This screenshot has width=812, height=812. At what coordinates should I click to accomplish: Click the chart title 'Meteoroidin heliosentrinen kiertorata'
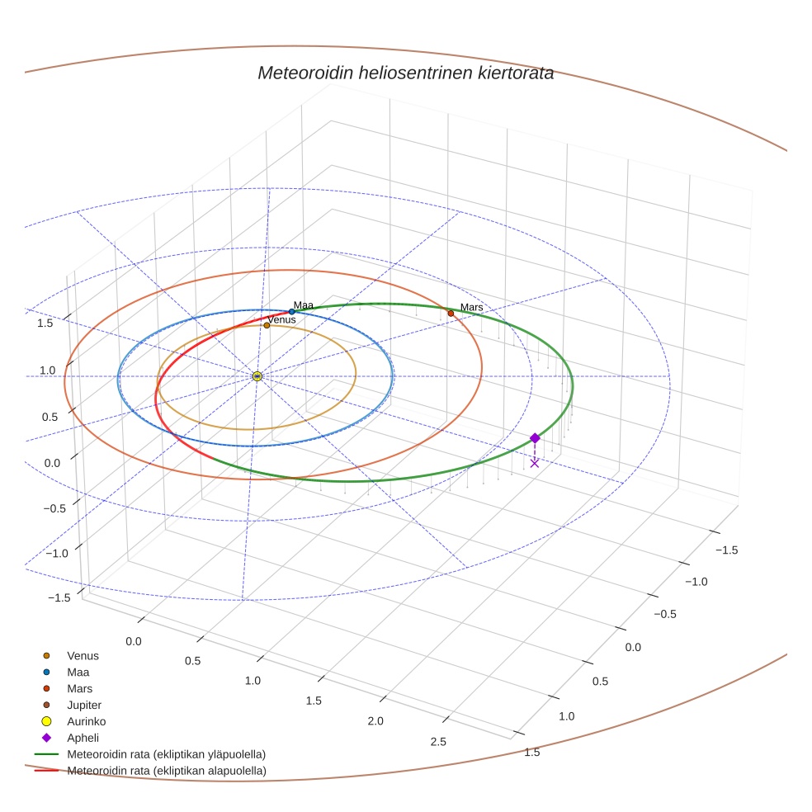pyautogui.click(x=405, y=73)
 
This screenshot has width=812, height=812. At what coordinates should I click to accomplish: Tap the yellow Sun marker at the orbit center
pyautogui.click(x=257, y=376)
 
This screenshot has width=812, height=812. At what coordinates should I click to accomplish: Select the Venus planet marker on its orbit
pyautogui.click(x=267, y=325)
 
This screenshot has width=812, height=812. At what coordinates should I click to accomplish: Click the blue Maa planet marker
pyautogui.click(x=291, y=312)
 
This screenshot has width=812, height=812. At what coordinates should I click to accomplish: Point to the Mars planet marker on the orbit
pyautogui.click(x=451, y=313)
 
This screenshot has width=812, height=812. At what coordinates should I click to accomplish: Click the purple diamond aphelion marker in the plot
pyautogui.click(x=535, y=437)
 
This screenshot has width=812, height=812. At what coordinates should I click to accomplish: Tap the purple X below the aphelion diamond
pyautogui.click(x=535, y=463)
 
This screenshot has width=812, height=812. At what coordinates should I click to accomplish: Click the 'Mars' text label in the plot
pyautogui.click(x=471, y=307)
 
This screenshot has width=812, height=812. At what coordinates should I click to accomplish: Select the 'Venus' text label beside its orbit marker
pyautogui.click(x=281, y=319)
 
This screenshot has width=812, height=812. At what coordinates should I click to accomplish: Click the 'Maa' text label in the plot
pyautogui.click(x=304, y=305)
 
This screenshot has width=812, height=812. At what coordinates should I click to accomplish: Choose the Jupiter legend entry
pyautogui.click(x=84, y=705)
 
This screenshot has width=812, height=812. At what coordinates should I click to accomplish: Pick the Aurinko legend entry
pyautogui.click(x=86, y=721)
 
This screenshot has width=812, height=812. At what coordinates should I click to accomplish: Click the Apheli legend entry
pyautogui.click(x=83, y=738)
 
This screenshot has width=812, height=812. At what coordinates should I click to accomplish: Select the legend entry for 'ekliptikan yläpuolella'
pyautogui.click(x=166, y=754)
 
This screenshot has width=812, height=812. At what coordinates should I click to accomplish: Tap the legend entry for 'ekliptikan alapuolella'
pyautogui.click(x=166, y=771)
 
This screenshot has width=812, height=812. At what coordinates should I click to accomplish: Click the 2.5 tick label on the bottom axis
pyautogui.click(x=438, y=742)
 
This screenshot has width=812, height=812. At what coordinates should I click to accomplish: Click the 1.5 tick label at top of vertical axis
pyautogui.click(x=45, y=323)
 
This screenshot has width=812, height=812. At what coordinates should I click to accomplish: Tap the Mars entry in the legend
pyautogui.click(x=79, y=688)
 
